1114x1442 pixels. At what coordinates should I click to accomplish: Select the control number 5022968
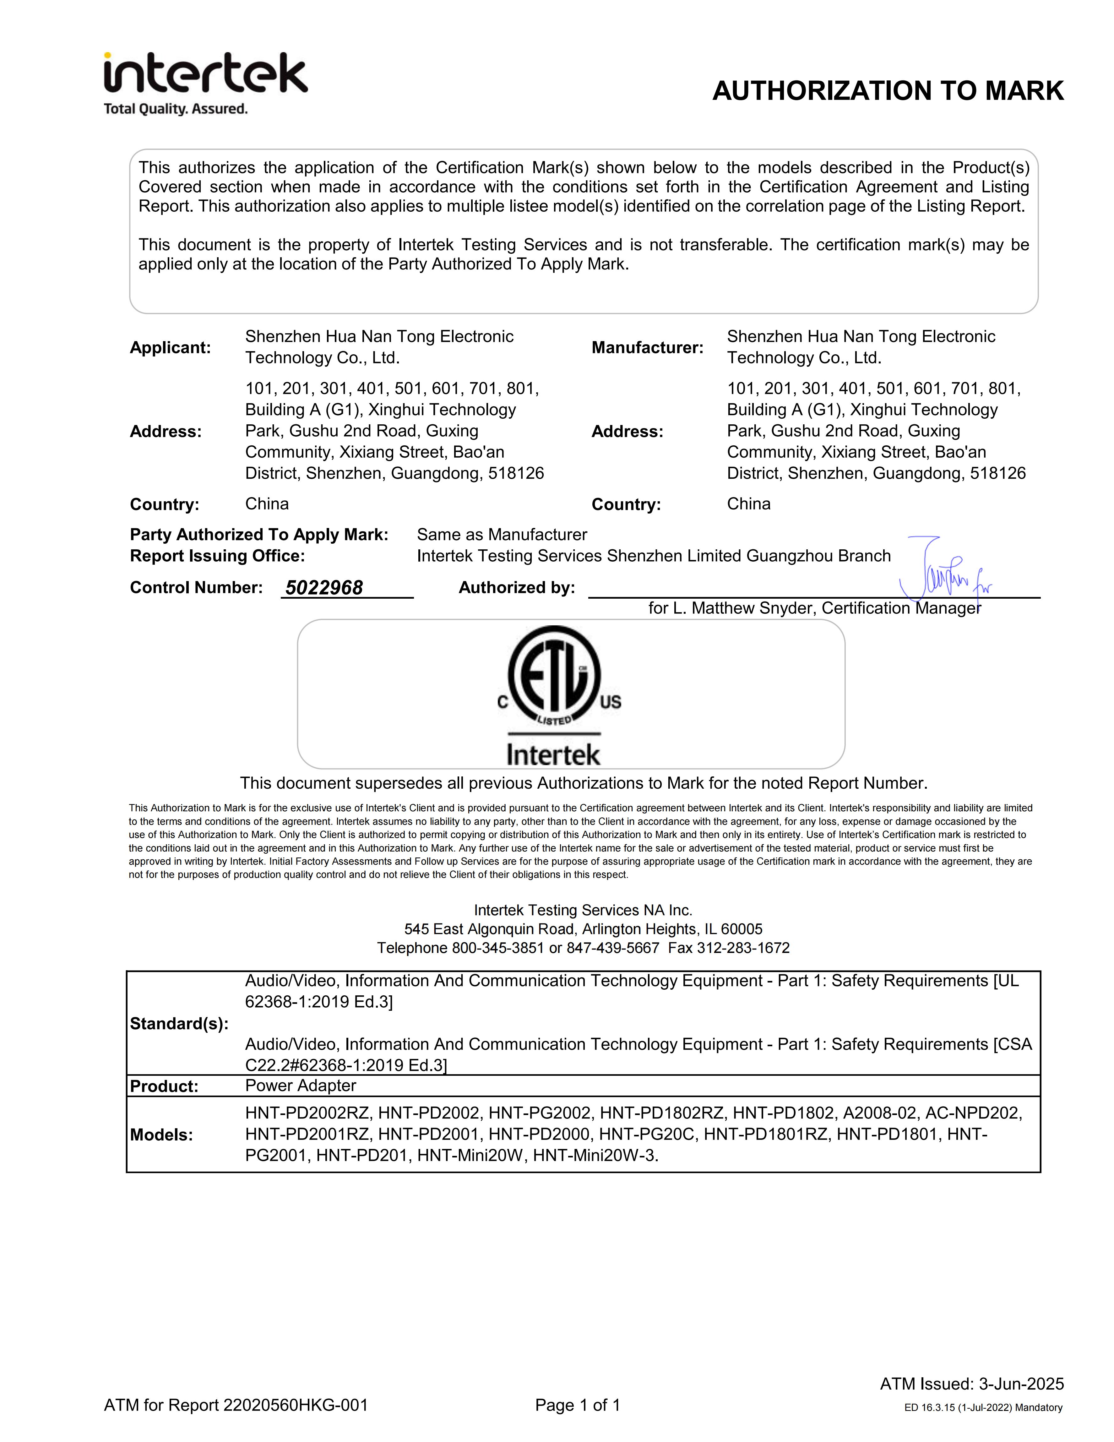point(324,588)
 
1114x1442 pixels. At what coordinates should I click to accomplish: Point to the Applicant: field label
point(170,348)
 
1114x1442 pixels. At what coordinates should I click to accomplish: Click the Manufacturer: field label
point(647,348)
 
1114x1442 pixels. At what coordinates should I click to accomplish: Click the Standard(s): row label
point(179,1024)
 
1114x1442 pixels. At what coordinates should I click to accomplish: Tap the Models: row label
point(161,1135)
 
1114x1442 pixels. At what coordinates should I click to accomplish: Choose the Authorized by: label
point(516,588)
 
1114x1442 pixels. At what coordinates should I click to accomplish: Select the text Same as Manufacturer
point(502,535)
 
